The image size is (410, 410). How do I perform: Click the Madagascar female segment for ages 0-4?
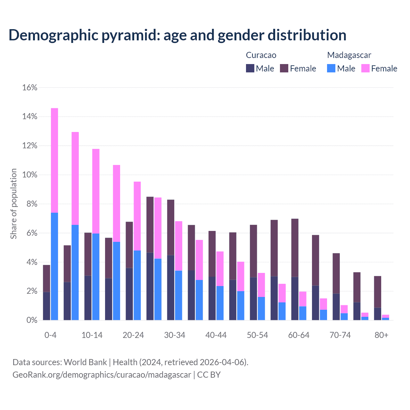coord(54,160)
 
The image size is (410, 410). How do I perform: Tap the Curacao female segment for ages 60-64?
coord(295,248)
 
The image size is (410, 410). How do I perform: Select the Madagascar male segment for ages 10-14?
coord(96,277)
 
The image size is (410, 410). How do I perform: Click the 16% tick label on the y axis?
coord(30,87)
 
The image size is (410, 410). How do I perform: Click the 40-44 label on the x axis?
coord(216,335)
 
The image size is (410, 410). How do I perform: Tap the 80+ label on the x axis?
coord(381,335)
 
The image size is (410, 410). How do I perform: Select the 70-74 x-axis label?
coord(340,335)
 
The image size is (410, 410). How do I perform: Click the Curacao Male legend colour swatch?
coord(250,68)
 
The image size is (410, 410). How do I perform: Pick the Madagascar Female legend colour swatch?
coord(365,68)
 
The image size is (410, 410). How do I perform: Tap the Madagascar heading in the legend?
coord(349,55)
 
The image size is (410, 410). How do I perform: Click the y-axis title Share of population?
coord(14,204)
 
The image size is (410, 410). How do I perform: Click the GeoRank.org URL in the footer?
coord(102,374)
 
